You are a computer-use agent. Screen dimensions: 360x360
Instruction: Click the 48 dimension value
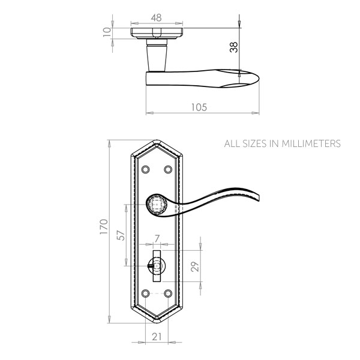click(x=156, y=19)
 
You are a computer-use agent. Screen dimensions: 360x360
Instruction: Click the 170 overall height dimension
click(x=104, y=231)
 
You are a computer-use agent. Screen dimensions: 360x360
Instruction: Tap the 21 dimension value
click(x=157, y=337)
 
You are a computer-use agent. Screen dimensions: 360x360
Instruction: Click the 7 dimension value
click(x=157, y=239)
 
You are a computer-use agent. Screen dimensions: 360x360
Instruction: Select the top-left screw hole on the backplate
click(x=145, y=169)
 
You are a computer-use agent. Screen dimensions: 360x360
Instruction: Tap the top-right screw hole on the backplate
click(x=169, y=169)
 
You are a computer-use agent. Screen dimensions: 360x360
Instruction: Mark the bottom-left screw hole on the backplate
click(x=145, y=293)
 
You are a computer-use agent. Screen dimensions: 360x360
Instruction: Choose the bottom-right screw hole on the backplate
click(x=169, y=293)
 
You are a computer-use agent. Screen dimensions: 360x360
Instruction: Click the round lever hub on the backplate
click(x=157, y=206)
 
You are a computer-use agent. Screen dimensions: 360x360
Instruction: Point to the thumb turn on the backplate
click(x=157, y=265)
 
